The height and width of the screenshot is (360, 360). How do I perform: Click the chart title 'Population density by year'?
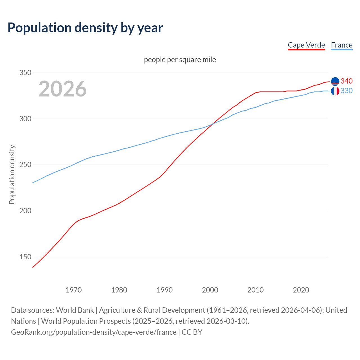pos(85,28)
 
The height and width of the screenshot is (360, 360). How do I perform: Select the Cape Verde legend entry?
pos(306,45)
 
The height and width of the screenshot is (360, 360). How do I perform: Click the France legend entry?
pos(342,45)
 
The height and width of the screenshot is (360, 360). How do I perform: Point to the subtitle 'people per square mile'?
pos(180,60)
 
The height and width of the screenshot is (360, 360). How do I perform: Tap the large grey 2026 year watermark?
pos(62,89)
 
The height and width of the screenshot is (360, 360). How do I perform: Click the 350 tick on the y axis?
pos(25,73)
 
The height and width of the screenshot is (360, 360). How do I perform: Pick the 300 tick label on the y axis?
pos(25,119)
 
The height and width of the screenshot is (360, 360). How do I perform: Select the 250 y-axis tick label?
pos(25,165)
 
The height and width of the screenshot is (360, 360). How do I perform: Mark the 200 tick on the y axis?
pos(25,211)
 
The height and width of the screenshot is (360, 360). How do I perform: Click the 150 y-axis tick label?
pos(25,257)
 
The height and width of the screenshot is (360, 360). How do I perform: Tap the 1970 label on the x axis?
pos(74,290)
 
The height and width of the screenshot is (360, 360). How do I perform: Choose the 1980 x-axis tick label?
pos(119,290)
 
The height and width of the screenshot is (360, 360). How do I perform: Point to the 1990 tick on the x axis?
pos(165,290)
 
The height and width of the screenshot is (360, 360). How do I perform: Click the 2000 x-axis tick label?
pos(210,290)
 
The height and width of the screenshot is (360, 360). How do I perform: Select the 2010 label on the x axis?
pos(255,290)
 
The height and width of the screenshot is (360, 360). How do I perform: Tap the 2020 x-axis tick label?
pos(301,290)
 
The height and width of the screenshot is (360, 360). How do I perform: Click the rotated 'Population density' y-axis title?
pos(12,174)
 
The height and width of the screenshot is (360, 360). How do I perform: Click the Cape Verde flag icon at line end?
pos(335,81)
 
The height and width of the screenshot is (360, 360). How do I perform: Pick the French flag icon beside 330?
pos(335,91)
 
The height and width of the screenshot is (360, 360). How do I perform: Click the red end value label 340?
pos(346,81)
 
